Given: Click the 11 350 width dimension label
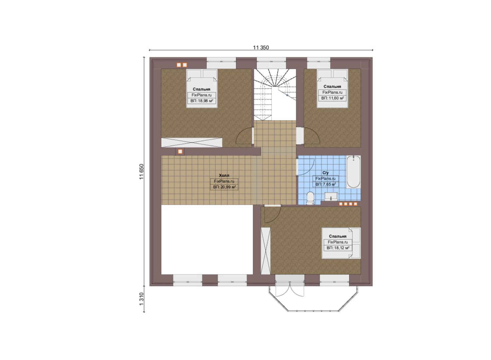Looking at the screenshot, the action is (261, 47).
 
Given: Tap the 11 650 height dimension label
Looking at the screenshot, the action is (142, 172).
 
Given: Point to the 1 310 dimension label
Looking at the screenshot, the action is (142, 299).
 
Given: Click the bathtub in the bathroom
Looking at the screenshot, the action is (353, 172).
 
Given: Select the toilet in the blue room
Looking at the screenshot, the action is (310, 198).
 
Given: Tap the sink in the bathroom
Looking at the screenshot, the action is (331, 197).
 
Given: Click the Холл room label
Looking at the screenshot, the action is (224, 175).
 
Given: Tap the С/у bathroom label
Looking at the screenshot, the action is (325, 173).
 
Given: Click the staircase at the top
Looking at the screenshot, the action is (275, 95).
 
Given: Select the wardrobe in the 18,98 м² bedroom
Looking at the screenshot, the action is (192, 142).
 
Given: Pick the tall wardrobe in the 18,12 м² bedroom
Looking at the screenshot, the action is (266, 251).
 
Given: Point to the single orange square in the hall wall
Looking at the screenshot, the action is (180, 152).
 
